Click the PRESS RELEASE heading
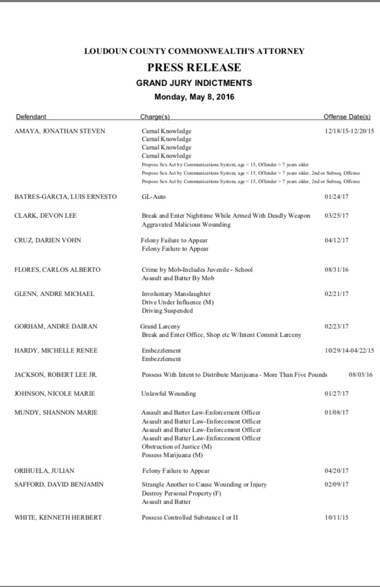click(x=194, y=67)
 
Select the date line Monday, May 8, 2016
click(x=194, y=97)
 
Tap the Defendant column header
click(x=31, y=117)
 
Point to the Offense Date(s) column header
click(x=346, y=117)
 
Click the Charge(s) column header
click(x=155, y=117)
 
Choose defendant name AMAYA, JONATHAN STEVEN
click(x=60, y=131)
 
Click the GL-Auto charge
click(x=154, y=197)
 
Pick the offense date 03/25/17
click(x=336, y=216)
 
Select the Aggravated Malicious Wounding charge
click(x=186, y=224)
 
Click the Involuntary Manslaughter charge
click(x=176, y=294)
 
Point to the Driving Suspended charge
click(x=167, y=310)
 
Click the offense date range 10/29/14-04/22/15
click(x=349, y=350)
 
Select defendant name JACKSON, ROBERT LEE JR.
click(x=56, y=375)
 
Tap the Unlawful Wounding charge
click(x=168, y=393)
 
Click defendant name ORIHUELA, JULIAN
click(x=44, y=471)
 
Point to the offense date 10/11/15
click(x=336, y=518)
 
